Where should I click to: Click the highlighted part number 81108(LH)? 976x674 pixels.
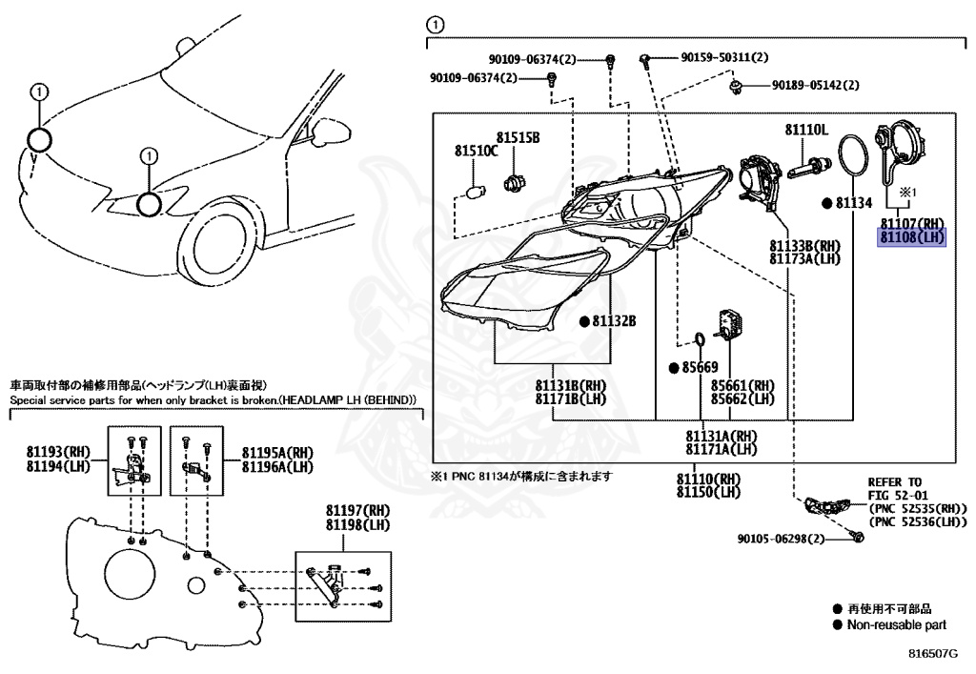[x=910, y=236]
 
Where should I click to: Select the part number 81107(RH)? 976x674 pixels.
[x=911, y=223]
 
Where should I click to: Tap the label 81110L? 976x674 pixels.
[x=806, y=129]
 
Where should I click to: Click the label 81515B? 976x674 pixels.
[x=518, y=138]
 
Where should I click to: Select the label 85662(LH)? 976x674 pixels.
[x=742, y=398]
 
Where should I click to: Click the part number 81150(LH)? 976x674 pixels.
[x=708, y=492]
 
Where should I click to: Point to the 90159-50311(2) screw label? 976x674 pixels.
[x=724, y=58]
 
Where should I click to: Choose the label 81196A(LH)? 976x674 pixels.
[x=277, y=466]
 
